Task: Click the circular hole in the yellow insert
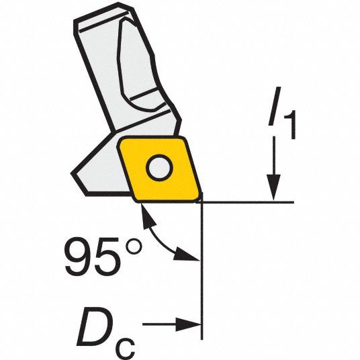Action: (x=160, y=168)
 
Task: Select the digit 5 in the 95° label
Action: (x=108, y=257)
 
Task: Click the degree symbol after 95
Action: (x=133, y=246)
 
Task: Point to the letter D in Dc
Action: (x=95, y=326)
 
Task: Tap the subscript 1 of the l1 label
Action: (x=290, y=125)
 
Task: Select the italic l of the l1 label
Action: (x=275, y=106)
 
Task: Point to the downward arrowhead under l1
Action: (x=273, y=188)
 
